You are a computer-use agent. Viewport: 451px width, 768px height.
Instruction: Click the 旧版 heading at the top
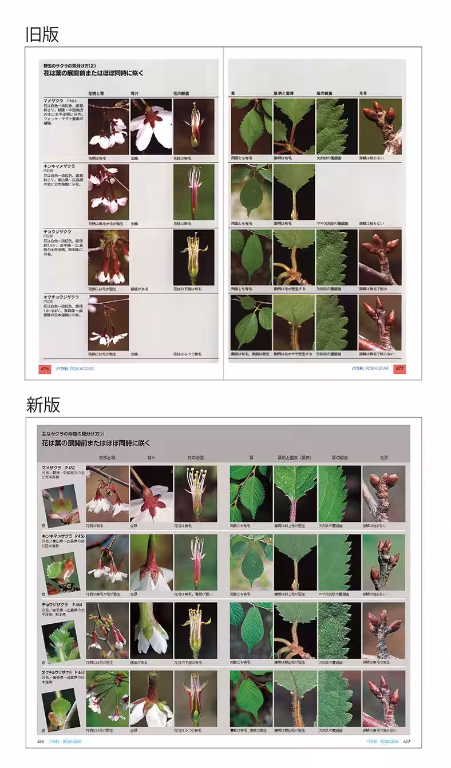click(42, 34)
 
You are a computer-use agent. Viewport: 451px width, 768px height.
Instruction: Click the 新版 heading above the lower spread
click(43, 405)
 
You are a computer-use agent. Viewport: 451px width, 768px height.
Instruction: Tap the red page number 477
click(399, 369)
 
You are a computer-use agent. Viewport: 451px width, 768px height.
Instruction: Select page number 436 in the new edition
click(41, 741)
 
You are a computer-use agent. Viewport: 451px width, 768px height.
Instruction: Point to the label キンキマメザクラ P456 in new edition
click(63, 536)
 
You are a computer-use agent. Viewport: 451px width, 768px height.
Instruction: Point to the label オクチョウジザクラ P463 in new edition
click(64, 672)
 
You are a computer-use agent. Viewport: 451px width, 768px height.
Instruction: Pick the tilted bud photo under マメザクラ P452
click(61, 505)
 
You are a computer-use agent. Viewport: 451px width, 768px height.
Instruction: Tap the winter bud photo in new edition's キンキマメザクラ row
click(383, 562)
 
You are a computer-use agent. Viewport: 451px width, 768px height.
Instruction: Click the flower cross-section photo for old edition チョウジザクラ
click(193, 257)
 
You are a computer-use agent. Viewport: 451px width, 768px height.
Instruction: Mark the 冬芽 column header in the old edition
click(363, 93)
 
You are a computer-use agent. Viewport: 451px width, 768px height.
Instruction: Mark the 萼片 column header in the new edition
click(151, 458)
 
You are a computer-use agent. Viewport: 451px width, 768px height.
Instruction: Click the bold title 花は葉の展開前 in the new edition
click(95, 443)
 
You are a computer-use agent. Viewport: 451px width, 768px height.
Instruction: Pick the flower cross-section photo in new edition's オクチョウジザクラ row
click(196, 698)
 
